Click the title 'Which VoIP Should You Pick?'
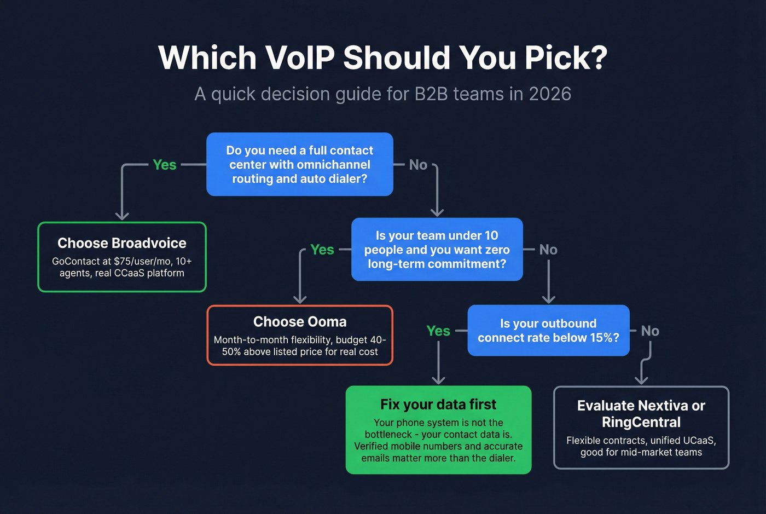[382, 57]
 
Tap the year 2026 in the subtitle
[550, 94]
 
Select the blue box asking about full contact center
[300, 164]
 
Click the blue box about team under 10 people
[437, 250]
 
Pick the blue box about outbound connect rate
[548, 331]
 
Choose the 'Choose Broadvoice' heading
[122, 243]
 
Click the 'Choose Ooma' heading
[300, 322]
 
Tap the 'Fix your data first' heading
[438, 405]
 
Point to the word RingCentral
[641, 423]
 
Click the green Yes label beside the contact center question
[164, 165]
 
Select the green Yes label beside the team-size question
[322, 250]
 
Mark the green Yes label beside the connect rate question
[438, 331]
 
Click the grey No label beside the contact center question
[418, 165]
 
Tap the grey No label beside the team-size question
[548, 250]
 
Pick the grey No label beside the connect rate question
[650, 331]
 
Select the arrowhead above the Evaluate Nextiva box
[641, 380]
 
